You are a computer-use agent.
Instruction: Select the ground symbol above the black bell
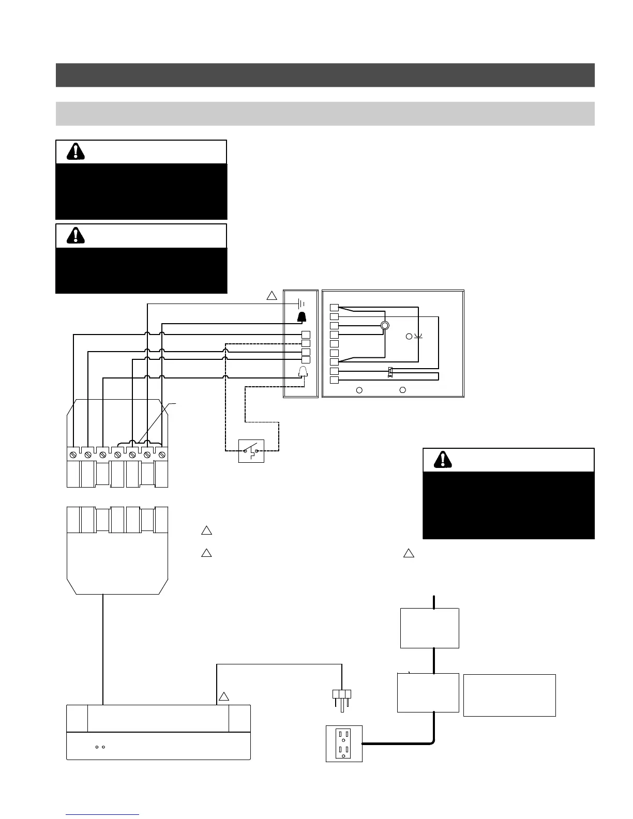click(x=302, y=304)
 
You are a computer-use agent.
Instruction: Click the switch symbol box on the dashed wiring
click(x=251, y=451)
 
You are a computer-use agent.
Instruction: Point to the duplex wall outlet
click(x=344, y=744)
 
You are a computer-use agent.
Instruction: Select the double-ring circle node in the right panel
click(x=384, y=326)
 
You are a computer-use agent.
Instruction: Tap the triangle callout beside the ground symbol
click(x=272, y=296)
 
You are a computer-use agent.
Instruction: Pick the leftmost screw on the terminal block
click(x=74, y=454)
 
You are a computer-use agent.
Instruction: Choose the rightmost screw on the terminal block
click(x=161, y=454)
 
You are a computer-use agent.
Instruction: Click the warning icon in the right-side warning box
click(x=442, y=460)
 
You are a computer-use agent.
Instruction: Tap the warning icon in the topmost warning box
click(x=76, y=151)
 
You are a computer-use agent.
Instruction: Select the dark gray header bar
click(x=325, y=75)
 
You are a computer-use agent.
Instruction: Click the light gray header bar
click(x=325, y=113)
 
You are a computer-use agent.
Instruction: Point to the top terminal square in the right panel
click(x=334, y=308)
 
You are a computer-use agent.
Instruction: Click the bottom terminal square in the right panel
click(x=334, y=381)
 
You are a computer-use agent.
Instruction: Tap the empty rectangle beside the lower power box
click(x=509, y=695)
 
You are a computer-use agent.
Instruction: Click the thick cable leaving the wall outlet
click(x=398, y=744)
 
